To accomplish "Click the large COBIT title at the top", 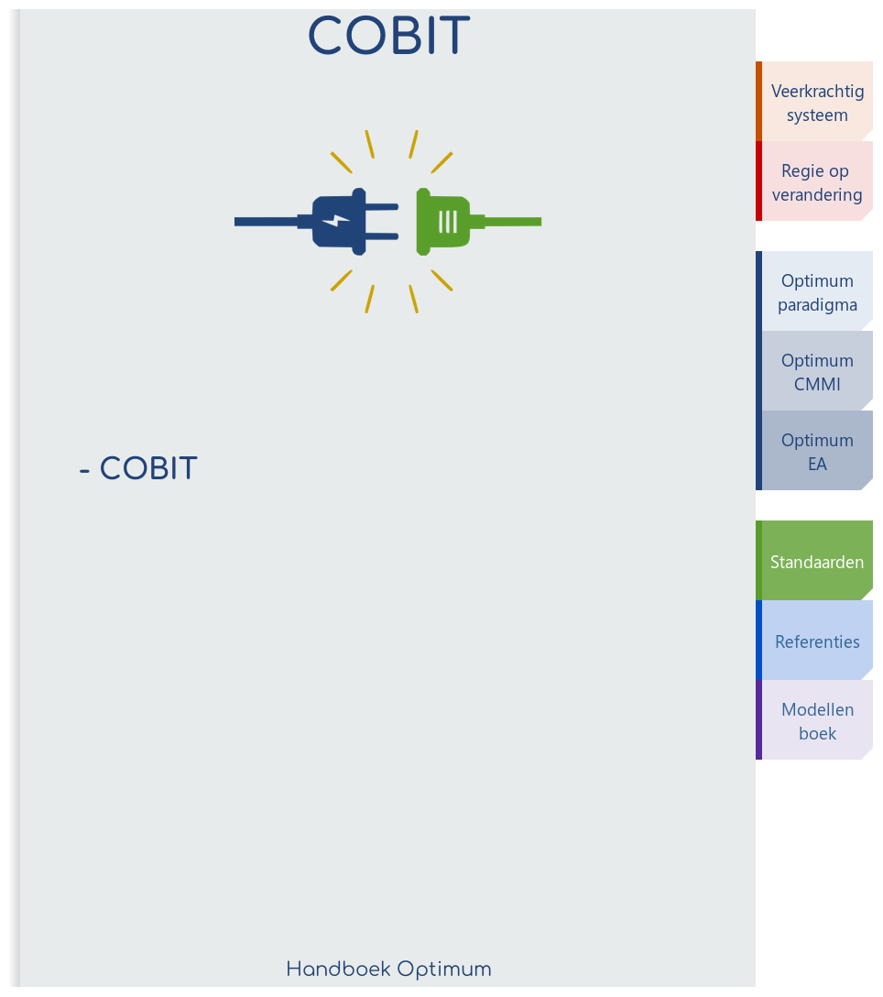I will tap(388, 37).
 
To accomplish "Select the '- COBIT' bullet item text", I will tap(138, 468).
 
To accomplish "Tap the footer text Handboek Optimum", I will tap(388, 969).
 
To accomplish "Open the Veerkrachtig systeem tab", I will tap(816, 103).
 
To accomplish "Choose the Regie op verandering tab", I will tap(816, 182).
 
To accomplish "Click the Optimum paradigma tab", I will tap(816, 292).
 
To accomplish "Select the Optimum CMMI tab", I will tap(816, 372).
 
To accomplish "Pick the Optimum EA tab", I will tap(816, 452).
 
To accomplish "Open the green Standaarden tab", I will tap(816, 562).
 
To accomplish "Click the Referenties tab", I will tap(816, 641).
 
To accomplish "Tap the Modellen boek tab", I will tap(816, 721).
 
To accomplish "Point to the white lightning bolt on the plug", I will tap(336, 221).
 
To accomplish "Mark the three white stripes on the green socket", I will tap(447, 221).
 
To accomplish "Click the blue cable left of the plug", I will tap(266, 221).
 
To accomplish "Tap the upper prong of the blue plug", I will tap(383, 207).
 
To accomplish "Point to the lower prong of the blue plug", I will tap(383, 236).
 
